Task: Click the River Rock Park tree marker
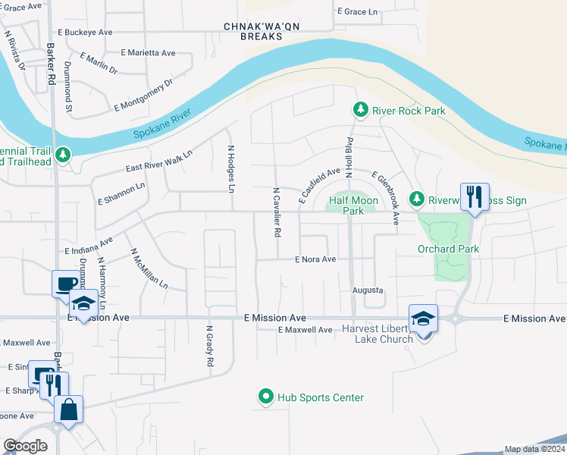pyautogui.click(x=361, y=111)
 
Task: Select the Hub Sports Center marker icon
pyautogui.click(x=265, y=397)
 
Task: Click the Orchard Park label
pyautogui.click(x=448, y=249)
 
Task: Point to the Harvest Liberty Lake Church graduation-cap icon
pyautogui.click(x=423, y=318)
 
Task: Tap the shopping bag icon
pyautogui.click(x=68, y=409)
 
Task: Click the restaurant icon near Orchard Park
pyautogui.click(x=475, y=197)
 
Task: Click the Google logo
pyautogui.click(x=25, y=446)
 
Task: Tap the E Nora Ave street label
pyautogui.click(x=315, y=259)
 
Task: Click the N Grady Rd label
pyautogui.click(x=210, y=347)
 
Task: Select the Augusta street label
pyautogui.click(x=368, y=290)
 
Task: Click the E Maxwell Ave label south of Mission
pyautogui.click(x=305, y=330)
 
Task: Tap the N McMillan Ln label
pyautogui.click(x=149, y=269)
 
